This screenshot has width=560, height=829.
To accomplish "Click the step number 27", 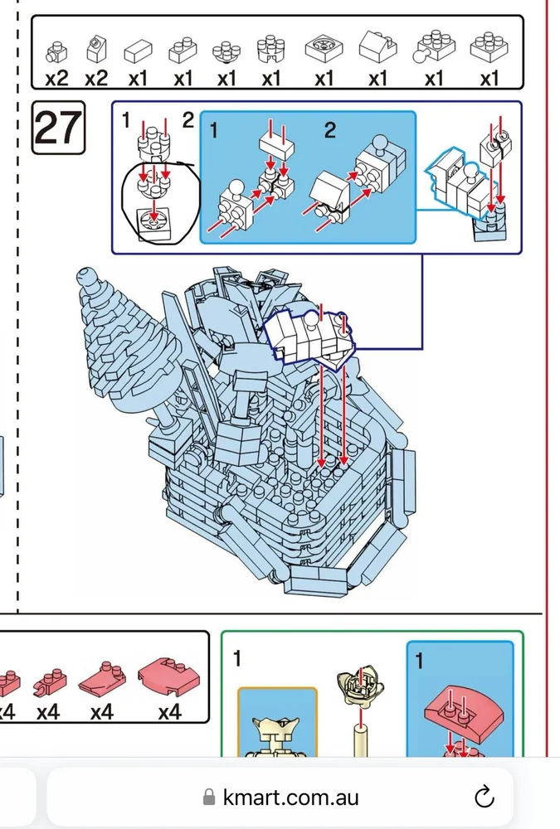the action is pos(58,128).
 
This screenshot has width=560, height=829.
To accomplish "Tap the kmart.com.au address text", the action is pos(290,797).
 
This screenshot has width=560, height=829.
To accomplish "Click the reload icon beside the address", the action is pos(484,797).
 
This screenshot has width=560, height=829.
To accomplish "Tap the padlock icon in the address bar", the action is pos(209,797).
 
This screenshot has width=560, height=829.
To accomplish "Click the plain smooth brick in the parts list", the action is pos(138,51).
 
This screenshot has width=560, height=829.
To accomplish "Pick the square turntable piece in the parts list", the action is pos(324,49).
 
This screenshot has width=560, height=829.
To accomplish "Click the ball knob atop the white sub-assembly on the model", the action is pos(309,319).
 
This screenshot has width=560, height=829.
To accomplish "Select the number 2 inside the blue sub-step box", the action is pos(329,130).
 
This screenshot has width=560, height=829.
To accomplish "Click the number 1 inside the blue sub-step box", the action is pos(213,130).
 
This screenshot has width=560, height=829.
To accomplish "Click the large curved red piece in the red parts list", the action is pos(169,676).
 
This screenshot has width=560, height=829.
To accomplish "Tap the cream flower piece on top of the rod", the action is pos(360,682).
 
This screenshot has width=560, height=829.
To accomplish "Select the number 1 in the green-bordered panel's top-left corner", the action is pos(237,658).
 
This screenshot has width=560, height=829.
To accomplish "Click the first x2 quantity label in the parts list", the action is pos(56,79).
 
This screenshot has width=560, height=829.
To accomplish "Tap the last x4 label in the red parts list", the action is pos(169,712).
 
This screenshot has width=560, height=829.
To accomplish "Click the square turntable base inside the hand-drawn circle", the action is pos(153,224).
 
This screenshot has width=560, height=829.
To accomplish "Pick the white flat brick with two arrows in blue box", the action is pos(277,143).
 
